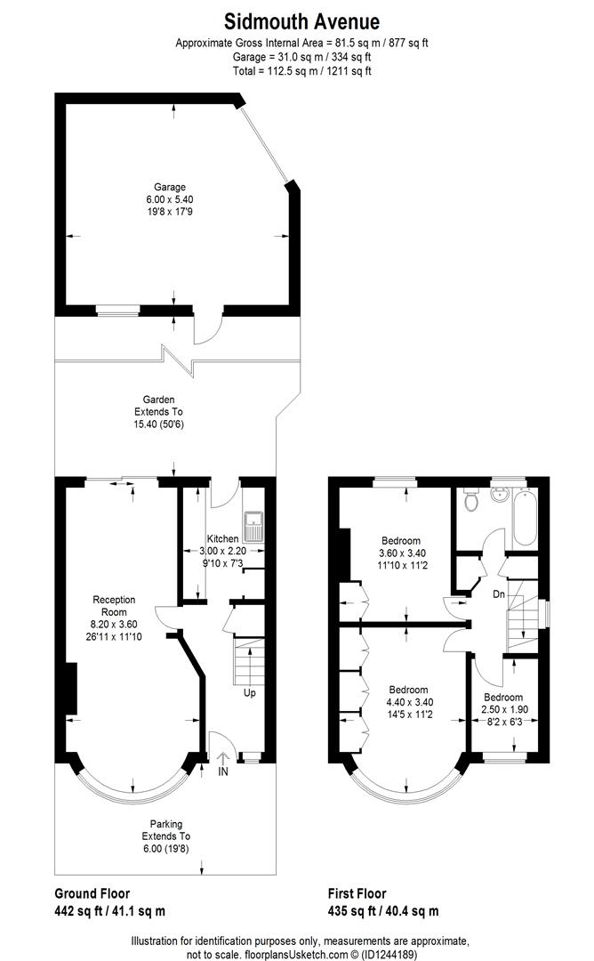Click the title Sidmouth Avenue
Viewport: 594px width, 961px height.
[x=301, y=21]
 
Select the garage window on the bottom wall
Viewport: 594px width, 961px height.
[x=118, y=310]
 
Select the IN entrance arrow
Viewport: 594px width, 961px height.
[x=222, y=763]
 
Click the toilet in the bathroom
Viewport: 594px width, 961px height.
[x=472, y=500]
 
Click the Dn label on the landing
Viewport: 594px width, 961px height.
[x=499, y=594]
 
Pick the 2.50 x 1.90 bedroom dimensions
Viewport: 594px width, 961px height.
[x=503, y=709]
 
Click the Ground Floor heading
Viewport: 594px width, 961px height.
[x=92, y=893]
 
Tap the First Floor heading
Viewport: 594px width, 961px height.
[x=357, y=893]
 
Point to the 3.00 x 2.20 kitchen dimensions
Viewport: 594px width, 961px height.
[x=222, y=551]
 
